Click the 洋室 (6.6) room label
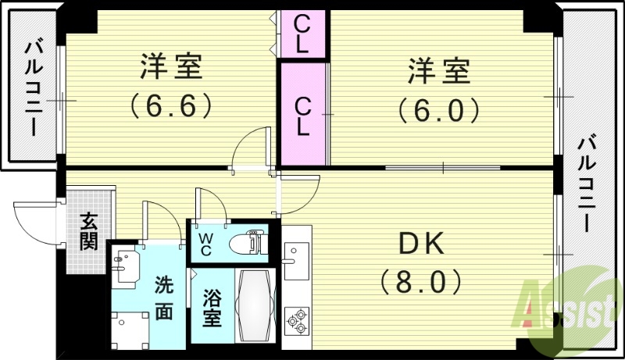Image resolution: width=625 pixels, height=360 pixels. pyautogui.click(x=171, y=86)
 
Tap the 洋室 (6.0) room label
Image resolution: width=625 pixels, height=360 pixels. pyautogui.click(x=438, y=91)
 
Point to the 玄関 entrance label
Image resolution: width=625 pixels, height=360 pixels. pyautogui.click(x=88, y=232)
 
